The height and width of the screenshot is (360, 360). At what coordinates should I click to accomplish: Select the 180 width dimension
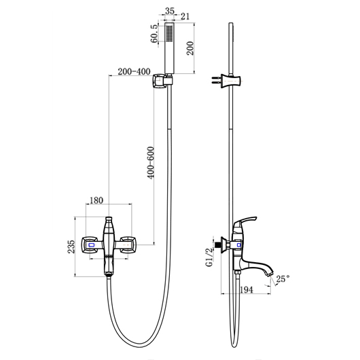pyautogui.click(x=96, y=200)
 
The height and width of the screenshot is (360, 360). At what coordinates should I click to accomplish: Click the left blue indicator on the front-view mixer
pyautogui.click(x=90, y=244)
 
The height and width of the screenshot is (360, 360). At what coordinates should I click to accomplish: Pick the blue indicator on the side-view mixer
pyautogui.click(x=236, y=244)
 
